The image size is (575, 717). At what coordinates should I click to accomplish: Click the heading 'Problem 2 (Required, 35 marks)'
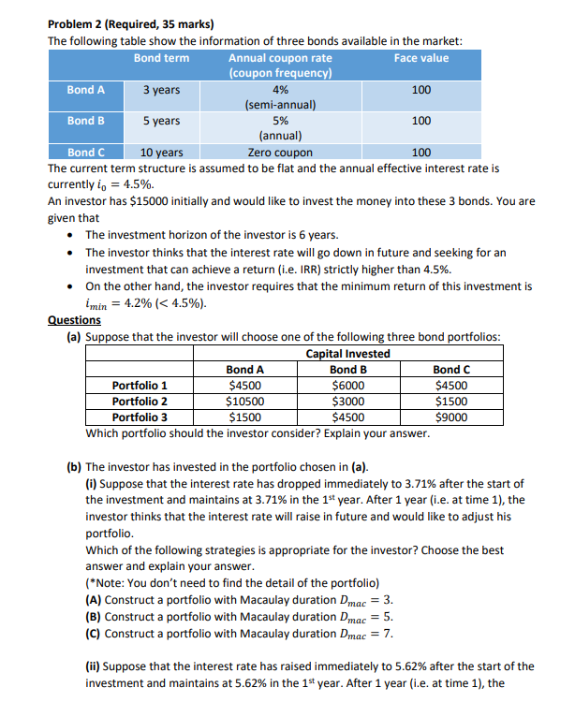130,24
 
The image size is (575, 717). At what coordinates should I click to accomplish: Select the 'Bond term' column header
161,58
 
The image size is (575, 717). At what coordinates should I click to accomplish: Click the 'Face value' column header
420,58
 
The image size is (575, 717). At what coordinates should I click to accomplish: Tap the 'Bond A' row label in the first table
85,90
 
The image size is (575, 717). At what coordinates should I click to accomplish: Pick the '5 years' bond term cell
161,122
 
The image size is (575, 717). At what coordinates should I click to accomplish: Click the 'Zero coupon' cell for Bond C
280,153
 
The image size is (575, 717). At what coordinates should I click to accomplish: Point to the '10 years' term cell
161,153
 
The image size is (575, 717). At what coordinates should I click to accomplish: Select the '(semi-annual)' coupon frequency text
280,106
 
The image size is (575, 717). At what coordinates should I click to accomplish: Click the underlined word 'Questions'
75,320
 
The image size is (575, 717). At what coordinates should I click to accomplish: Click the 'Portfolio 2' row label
140,401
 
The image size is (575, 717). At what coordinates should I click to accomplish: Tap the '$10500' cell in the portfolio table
245,401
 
